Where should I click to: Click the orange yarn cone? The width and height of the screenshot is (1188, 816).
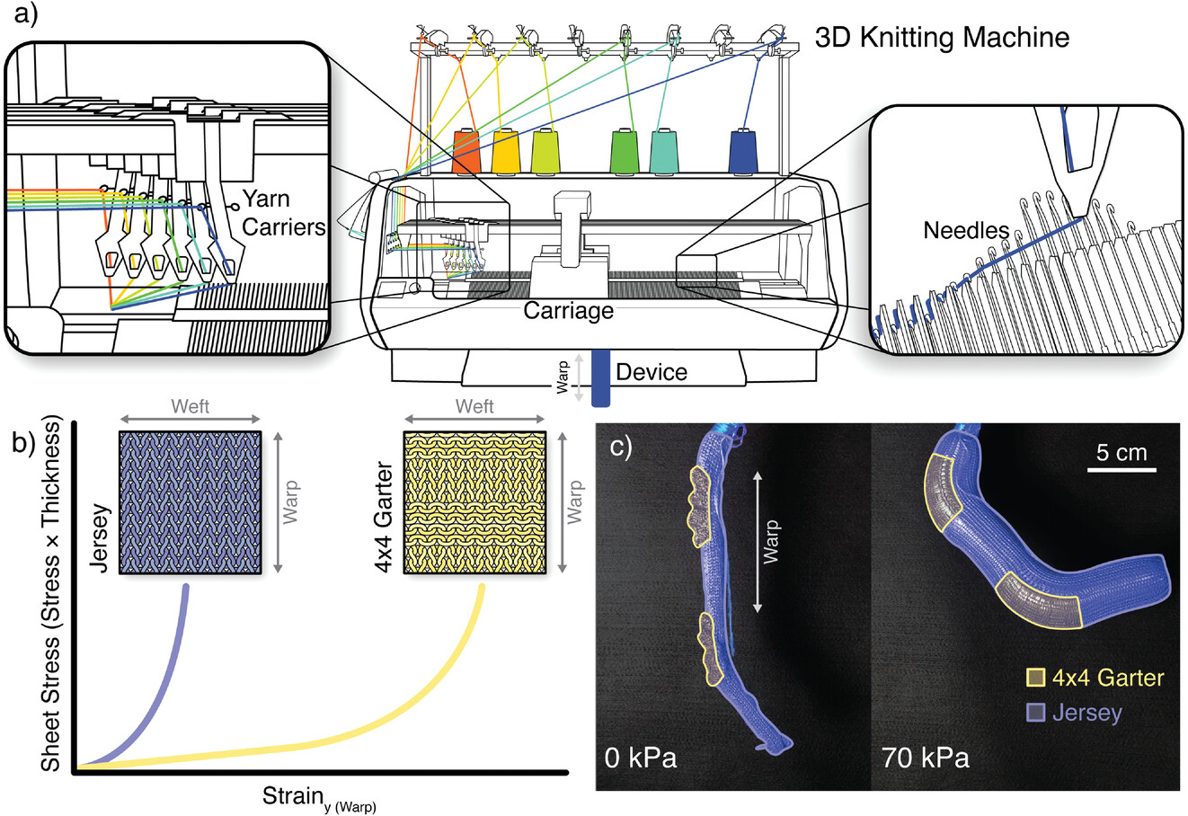coord(466,152)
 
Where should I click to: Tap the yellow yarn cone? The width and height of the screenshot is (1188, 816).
coord(506,152)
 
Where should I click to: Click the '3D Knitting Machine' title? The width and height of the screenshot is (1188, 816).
coord(941,38)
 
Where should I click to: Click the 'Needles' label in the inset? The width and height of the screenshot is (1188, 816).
coord(966,231)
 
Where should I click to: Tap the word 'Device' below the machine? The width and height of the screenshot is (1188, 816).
coord(652,371)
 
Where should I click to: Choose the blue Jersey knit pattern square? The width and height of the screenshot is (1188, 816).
coord(190,503)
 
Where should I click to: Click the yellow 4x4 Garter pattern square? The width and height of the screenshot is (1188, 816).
coord(474,503)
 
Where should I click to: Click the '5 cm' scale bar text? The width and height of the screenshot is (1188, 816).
coord(1122,451)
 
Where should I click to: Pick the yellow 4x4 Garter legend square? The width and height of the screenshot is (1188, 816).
coord(1036,678)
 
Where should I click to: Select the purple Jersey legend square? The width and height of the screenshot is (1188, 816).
coord(1036,713)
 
